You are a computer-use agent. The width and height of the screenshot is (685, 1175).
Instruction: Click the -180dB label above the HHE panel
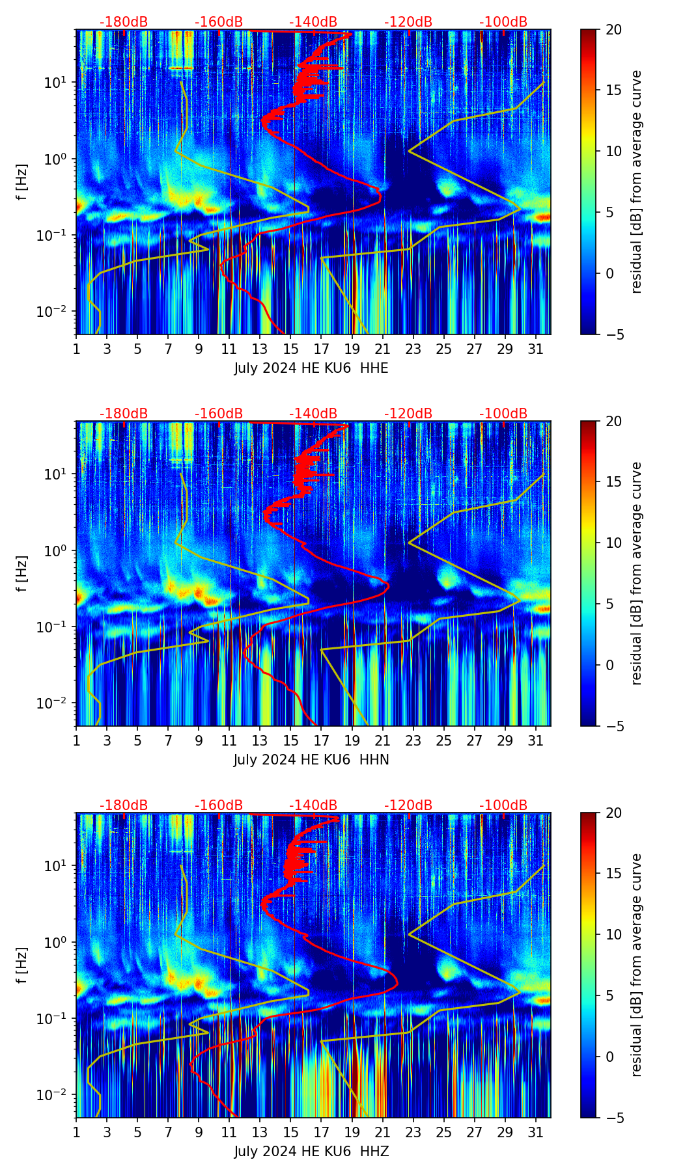click(124, 22)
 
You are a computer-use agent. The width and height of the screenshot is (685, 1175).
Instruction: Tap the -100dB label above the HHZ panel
click(503, 805)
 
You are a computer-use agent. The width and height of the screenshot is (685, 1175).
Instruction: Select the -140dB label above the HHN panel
click(313, 414)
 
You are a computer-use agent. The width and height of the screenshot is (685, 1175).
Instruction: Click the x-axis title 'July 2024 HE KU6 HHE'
click(311, 368)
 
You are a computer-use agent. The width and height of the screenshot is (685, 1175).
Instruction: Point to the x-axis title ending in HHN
click(311, 760)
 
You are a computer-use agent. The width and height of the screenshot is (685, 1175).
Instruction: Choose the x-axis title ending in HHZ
click(311, 1152)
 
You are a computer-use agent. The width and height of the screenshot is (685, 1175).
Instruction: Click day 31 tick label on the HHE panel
click(536, 349)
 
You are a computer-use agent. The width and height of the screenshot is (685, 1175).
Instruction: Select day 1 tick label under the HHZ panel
click(77, 1133)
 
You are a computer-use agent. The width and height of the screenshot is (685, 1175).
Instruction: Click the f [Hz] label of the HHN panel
click(23, 574)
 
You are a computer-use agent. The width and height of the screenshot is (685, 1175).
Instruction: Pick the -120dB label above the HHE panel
click(408, 22)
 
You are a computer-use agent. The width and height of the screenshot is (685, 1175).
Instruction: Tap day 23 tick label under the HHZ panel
click(413, 1133)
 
